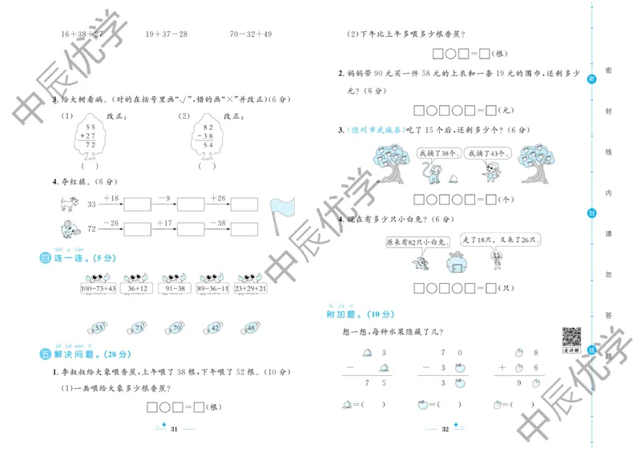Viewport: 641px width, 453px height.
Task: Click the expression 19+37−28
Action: click(x=166, y=34)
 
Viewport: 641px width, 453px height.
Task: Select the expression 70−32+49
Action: click(x=251, y=34)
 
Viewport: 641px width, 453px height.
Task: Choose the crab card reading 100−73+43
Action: click(x=98, y=288)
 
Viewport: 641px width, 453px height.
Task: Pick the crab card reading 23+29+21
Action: click(x=249, y=288)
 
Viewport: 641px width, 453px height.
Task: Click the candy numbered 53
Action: click(x=99, y=328)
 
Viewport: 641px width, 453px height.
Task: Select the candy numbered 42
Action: click(x=214, y=328)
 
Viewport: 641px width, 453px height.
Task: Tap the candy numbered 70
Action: click(x=175, y=328)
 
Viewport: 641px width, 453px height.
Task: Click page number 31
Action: click(x=172, y=430)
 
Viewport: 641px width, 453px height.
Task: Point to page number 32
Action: click(x=445, y=430)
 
